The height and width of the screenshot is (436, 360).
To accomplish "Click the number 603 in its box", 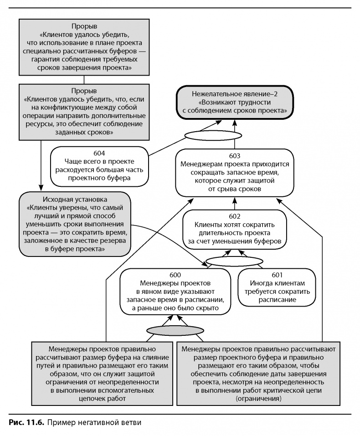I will coord(234,155).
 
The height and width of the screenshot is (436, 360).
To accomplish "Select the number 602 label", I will coord(234,215).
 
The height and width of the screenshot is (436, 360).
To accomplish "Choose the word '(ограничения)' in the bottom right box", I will coord(259,399).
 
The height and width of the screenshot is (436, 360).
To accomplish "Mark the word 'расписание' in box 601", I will coord(277,300).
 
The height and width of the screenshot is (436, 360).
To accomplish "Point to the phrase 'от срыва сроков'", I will coord(234,189).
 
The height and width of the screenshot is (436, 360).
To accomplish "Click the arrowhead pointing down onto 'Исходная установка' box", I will coord(41,187).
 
